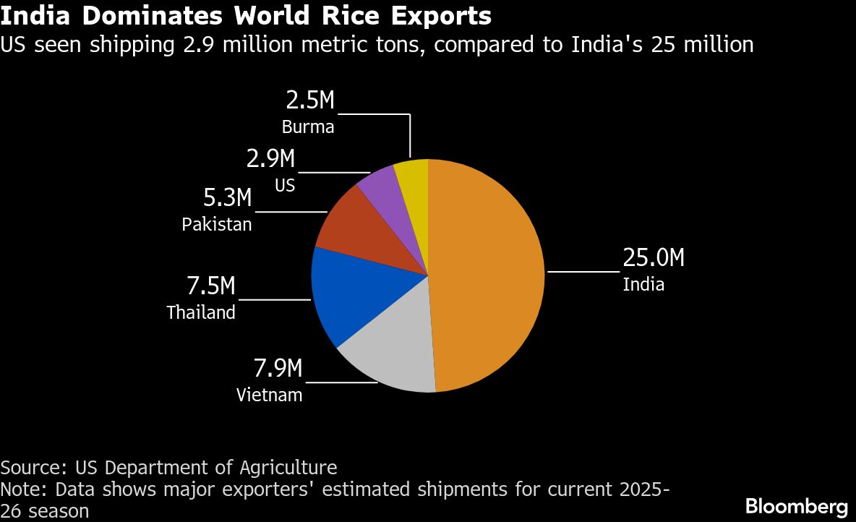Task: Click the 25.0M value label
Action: (x=654, y=258)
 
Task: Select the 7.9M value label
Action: (x=278, y=369)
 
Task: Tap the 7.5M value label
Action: (x=211, y=286)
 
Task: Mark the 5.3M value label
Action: (x=227, y=197)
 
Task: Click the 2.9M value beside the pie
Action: (x=271, y=159)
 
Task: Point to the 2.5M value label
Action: (x=311, y=100)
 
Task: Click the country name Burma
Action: (x=308, y=127)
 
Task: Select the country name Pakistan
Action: (x=217, y=224)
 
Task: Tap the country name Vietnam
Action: (x=269, y=395)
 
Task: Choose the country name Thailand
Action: (x=201, y=312)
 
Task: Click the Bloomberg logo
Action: (x=796, y=506)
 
